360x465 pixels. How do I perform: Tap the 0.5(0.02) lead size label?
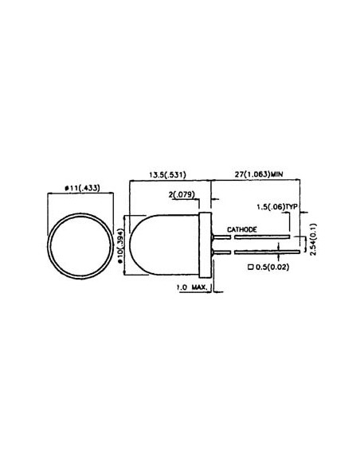click(272, 268)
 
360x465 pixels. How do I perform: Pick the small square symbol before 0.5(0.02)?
click(252, 268)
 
